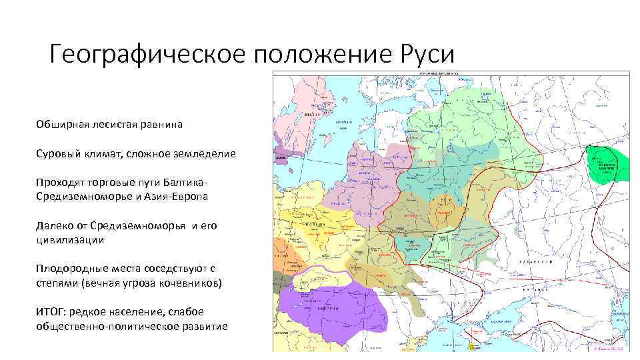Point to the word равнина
pos(161,125)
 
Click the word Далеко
pos(53,226)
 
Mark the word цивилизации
pos(71,239)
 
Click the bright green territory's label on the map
pos(606,166)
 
